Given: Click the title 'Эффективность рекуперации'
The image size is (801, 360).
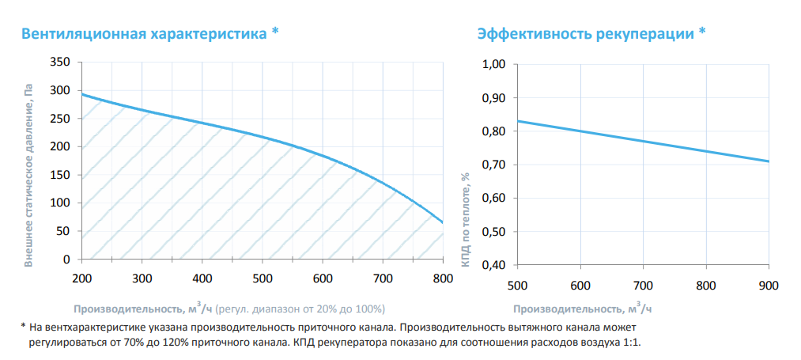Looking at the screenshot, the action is click(585, 34).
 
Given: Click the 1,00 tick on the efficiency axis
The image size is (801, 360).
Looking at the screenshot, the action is click(493, 64).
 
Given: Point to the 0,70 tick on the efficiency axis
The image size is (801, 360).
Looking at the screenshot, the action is click(493, 165).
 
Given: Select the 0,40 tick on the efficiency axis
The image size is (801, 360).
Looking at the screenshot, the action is click(493, 265).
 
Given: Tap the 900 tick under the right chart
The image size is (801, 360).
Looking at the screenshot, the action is click(769, 286).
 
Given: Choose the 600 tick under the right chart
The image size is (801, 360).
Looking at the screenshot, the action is click(580, 286).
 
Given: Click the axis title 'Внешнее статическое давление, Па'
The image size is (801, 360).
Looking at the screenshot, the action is click(29, 174).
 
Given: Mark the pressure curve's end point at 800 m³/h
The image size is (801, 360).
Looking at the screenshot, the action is click(443, 222).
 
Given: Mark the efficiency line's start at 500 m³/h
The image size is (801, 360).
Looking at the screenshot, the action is click(517, 121).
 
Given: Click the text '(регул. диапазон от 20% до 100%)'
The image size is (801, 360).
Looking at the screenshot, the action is click(300, 309).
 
